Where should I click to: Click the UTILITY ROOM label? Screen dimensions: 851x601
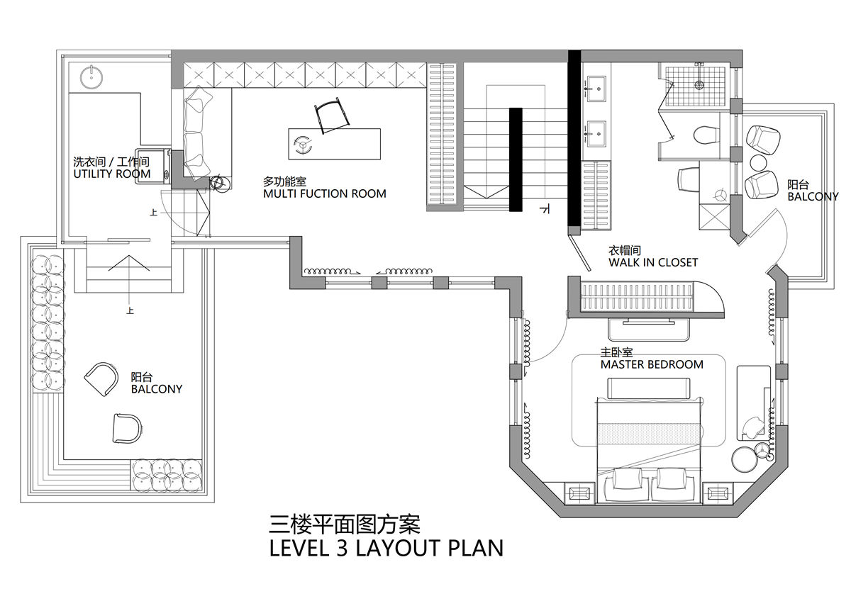(x=112, y=174)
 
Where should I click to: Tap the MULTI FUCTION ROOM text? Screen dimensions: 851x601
(x=325, y=193)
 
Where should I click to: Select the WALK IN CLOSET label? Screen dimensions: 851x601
(x=653, y=262)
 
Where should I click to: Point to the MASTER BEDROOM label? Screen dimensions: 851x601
(x=652, y=364)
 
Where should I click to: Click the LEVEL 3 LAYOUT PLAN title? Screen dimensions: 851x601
(x=386, y=549)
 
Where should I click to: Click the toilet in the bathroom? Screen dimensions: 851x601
(x=706, y=135)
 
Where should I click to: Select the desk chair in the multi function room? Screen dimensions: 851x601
(x=331, y=115)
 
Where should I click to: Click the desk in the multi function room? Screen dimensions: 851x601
(x=334, y=144)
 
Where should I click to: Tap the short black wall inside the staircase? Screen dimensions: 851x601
(x=516, y=159)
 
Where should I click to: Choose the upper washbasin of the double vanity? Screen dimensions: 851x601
(x=596, y=89)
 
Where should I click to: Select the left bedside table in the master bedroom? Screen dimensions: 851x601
(x=579, y=493)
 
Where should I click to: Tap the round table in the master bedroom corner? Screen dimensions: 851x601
(x=745, y=460)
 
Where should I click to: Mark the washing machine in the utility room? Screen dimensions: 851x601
(x=152, y=165)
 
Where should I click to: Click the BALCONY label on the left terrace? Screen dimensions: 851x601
(x=157, y=389)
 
